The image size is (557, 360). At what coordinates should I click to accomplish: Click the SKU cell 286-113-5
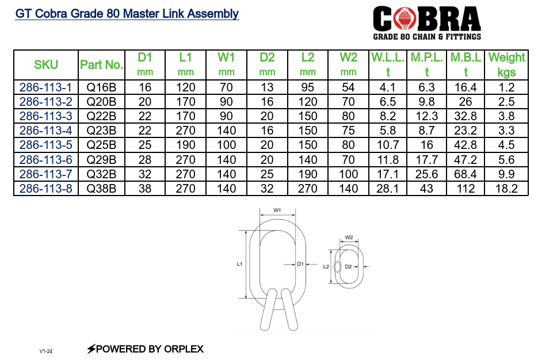click(x=46, y=145)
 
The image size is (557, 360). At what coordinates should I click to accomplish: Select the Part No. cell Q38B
click(x=101, y=188)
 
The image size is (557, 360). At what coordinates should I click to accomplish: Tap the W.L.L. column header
click(x=388, y=64)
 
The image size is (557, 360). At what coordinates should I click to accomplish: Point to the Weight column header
click(x=506, y=64)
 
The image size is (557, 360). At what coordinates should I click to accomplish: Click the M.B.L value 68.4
click(x=466, y=174)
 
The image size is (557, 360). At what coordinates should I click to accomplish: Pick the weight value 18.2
click(x=506, y=188)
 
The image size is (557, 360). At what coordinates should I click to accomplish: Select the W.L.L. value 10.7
click(x=388, y=145)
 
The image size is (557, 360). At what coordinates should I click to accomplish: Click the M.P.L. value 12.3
click(x=426, y=116)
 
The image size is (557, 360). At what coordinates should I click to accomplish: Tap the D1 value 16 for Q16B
click(x=145, y=87)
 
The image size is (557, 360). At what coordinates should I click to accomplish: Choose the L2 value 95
click(x=308, y=87)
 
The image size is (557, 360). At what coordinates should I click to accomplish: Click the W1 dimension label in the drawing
click(x=277, y=210)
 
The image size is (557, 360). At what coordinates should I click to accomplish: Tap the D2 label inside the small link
click(x=348, y=267)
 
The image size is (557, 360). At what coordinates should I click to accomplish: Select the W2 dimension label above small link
click(x=349, y=237)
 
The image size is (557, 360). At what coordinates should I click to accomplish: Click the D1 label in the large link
click(x=300, y=264)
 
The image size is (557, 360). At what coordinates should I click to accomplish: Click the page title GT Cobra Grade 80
click(x=127, y=14)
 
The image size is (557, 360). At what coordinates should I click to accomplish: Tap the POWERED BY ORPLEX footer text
click(x=145, y=348)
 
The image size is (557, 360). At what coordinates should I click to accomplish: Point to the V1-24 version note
click(x=46, y=351)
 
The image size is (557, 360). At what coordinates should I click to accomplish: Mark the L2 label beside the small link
click(x=326, y=267)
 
